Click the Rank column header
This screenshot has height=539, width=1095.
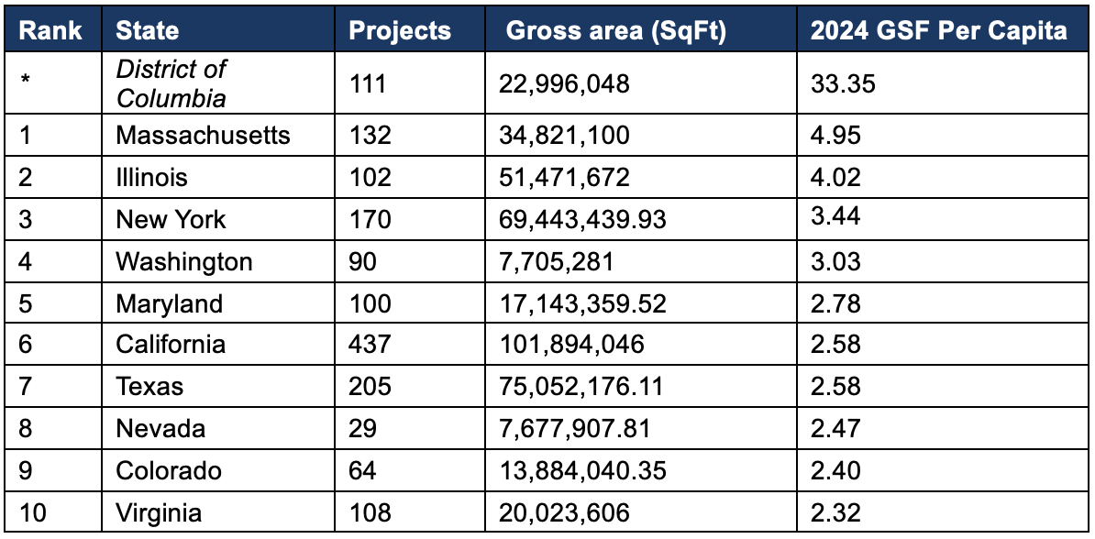(50, 30)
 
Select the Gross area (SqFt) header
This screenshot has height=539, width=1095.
(616, 30)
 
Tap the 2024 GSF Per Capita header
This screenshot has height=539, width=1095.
(938, 30)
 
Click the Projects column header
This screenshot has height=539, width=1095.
(400, 30)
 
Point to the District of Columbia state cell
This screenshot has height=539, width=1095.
(171, 82)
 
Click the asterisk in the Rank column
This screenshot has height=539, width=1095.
(26, 81)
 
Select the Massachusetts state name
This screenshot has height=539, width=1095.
(203, 136)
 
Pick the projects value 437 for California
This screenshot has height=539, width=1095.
(370, 345)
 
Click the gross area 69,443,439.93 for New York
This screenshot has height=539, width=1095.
(582, 220)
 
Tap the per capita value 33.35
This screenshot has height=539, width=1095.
(843, 84)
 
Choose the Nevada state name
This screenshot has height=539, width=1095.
(160, 429)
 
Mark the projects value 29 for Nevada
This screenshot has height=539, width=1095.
(362, 429)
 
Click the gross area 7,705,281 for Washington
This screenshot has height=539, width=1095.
(556, 262)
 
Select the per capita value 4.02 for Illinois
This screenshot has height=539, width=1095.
(835, 178)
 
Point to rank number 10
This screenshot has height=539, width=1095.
(32, 513)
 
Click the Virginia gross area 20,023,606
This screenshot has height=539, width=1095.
(563, 513)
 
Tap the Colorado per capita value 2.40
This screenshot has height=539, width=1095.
(835, 471)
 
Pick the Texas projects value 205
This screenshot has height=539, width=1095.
(370, 387)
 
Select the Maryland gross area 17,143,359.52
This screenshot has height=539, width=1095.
(582, 303)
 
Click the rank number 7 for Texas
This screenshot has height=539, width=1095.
(26, 387)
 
